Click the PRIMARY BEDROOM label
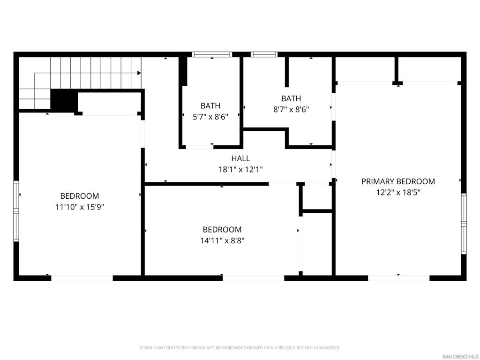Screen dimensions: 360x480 (398, 181)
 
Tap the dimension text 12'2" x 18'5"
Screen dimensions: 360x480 (398, 192)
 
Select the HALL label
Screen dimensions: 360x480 (240, 158)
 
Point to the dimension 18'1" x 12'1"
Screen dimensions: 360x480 (240, 170)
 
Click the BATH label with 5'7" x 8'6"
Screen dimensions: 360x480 (210, 106)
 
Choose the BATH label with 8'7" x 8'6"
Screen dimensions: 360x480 (291, 98)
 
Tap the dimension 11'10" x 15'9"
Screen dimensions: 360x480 (80, 207)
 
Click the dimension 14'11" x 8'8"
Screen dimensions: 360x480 (222, 240)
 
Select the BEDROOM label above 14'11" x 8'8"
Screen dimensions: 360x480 (222, 230)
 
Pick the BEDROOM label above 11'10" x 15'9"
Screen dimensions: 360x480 (80, 196)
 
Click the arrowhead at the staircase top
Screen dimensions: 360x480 (139, 73)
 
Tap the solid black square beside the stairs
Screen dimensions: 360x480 (64, 100)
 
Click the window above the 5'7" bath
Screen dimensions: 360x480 (212, 55)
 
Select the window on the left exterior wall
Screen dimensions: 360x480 (16, 211)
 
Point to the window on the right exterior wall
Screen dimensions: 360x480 (464, 224)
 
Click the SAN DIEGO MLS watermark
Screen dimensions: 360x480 (461, 356)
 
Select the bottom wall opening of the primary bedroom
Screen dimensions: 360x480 (398, 278)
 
